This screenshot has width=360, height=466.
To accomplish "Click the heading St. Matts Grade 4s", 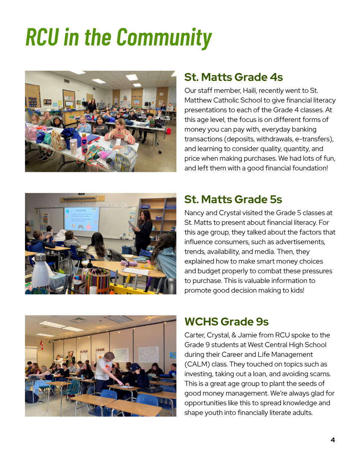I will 233,77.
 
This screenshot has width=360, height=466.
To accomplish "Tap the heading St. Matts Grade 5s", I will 233,199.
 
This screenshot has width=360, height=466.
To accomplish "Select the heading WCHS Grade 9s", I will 226,322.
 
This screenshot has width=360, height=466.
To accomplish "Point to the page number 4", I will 333,440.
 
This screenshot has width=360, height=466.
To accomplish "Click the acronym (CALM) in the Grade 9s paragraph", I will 197,364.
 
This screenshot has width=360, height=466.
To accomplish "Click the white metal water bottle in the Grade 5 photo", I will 40,272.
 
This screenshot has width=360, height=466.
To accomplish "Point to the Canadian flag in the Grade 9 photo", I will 42,345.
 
